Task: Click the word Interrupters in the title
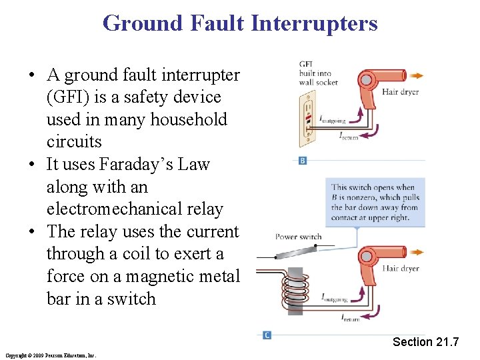[314, 24]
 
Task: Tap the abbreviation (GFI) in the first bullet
[69, 97]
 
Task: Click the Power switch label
[299, 237]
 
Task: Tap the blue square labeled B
[302, 161]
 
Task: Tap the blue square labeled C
[267, 335]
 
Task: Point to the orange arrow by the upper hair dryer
[417, 75]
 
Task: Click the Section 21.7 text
[425, 342]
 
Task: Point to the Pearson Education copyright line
[50, 355]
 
